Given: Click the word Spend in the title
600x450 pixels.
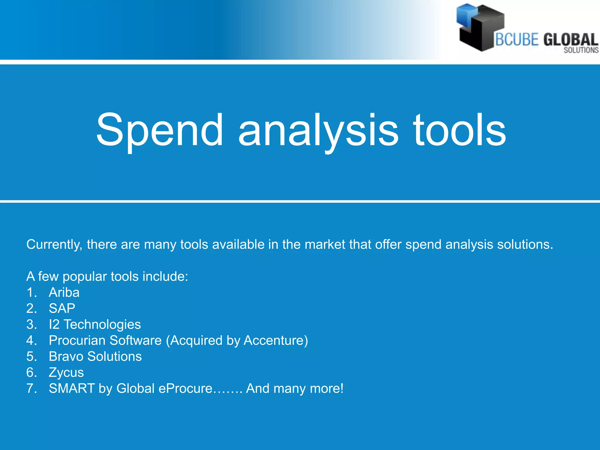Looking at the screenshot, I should (160, 130).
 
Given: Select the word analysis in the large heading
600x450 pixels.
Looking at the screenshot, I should (318, 130).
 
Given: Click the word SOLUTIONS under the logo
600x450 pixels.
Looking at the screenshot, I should (581, 50).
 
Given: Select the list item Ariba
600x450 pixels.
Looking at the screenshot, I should (64, 292).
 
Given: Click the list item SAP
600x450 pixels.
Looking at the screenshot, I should (62, 308).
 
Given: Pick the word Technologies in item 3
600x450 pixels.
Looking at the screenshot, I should (102, 324).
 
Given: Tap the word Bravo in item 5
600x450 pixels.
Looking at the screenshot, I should (66, 357).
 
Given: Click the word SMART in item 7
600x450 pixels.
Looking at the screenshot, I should (71, 388).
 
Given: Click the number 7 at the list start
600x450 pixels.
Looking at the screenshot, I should (30, 388).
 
